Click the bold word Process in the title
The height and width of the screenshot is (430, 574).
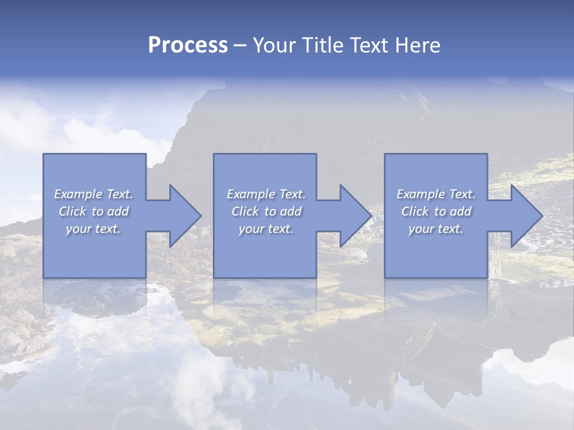click(188, 45)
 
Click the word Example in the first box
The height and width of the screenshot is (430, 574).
click(78, 194)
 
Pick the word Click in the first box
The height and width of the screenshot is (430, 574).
click(72, 211)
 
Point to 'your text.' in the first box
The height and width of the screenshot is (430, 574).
click(93, 229)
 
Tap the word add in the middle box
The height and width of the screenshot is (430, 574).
click(291, 211)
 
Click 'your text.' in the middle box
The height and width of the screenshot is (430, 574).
click(265, 229)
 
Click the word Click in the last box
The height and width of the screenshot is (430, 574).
click(415, 211)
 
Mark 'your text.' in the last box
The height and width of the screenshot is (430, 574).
click(436, 229)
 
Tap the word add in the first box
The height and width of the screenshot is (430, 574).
click(118, 211)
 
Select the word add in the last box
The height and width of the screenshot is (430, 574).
click(460, 211)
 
